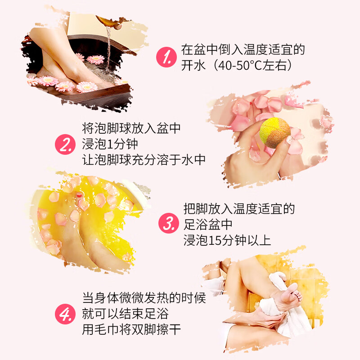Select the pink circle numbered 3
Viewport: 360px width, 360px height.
coord(168,224)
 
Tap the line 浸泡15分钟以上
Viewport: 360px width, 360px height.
coord(227,240)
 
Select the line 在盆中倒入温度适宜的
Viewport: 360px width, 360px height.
coord(243,49)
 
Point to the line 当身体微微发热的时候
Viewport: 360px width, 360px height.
coord(144,298)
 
